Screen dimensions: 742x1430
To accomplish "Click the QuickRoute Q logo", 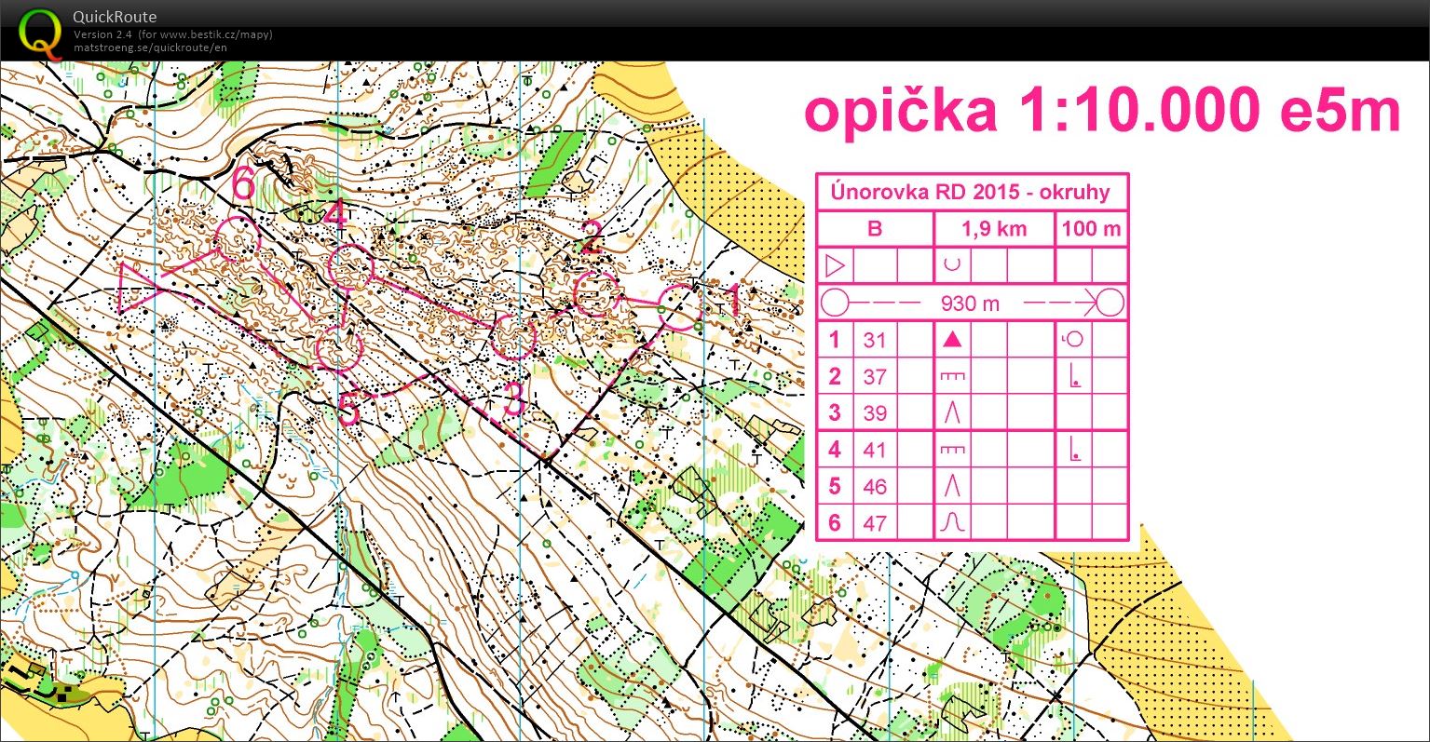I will click(x=39, y=32).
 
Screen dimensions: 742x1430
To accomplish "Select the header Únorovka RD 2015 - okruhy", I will click(x=972, y=193).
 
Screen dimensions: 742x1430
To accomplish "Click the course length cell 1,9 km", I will click(x=994, y=229).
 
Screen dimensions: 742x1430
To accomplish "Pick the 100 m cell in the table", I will click(x=1091, y=229).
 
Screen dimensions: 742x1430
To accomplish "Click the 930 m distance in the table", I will click(x=970, y=304).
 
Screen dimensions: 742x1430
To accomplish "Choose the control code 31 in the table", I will click(x=874, y=340).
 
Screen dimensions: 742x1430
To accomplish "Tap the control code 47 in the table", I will click(x=874, y=523).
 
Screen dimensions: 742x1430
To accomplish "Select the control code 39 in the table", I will click(x=874, y=413).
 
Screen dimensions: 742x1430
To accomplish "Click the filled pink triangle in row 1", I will click(x=951, y=340).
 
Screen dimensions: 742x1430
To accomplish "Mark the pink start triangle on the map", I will click(x=137, y=287).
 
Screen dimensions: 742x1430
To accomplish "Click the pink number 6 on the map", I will click(x=243, y=183).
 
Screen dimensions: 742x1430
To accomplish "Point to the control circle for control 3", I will click(x=513, y=337).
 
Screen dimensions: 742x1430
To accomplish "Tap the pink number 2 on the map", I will click(x=590, y=236).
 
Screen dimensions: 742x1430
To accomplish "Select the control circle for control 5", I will click(x=338, y=350).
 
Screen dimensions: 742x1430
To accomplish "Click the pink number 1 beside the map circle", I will click(x=731, y=301).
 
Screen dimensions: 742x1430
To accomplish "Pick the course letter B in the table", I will click(x=874, y=229).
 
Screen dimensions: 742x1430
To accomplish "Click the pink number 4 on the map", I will click(x=335, y=215).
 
